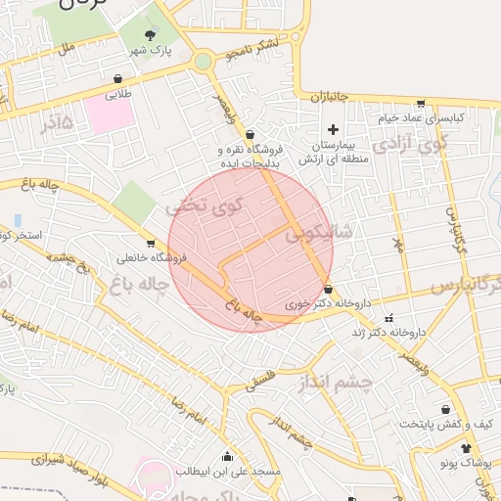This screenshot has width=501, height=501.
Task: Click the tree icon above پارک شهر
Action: coord(150,33)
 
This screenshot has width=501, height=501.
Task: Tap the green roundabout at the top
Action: coord(203,62)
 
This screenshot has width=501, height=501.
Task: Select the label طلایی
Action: coord(117,95)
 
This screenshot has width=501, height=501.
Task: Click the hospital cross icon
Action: coord(333,129)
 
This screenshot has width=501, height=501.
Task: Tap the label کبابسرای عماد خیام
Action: coord(422,117)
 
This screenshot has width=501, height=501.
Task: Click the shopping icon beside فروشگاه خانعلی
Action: coord(150,244)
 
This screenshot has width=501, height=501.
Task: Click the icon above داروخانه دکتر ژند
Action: coord(389,317)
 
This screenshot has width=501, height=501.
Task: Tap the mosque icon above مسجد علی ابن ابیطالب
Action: coord(228,455)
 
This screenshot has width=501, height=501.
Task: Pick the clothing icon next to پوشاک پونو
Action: coord(465,447)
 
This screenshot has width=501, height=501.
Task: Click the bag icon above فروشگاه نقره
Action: coord(250,135)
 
